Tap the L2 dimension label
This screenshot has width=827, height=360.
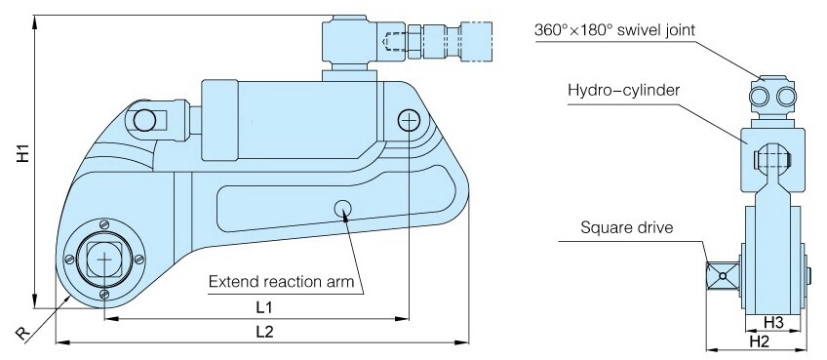pyautogui.click(x=264, y=332)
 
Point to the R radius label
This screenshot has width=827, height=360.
pyautogui.click(x=22, y=334)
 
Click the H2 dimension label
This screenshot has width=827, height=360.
pyautogui.click(x=759, y=342)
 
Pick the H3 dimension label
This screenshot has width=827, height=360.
pyautogui.click(x=773, y=321)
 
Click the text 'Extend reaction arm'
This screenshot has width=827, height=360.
pyautogui.click(x=281, y=281)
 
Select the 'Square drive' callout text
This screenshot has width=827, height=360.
pyautogui.click(x=626, y=228)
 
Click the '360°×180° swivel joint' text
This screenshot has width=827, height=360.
pyautogui.click(x=614, y=30)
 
